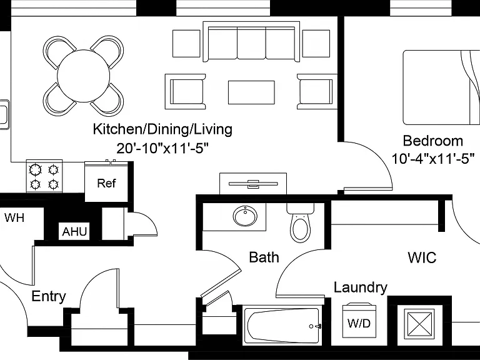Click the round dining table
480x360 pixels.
(83, 76)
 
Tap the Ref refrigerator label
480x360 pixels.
(106, 183)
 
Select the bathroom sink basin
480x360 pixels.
(245, 216)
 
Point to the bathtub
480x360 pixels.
(282, 326)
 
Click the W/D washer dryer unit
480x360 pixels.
(359, 320)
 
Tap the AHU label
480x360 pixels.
(74, 231)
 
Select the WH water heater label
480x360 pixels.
(14, 217)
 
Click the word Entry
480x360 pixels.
(49, 296)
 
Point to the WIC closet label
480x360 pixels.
(422, 257)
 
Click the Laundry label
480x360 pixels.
(360, 287)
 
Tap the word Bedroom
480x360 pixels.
(433, 141)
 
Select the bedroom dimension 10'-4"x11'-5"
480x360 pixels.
(433, 159)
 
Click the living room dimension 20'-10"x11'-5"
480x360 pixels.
(162, 148)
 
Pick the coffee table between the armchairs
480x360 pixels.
(251, 92)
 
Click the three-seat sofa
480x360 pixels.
(251, 42)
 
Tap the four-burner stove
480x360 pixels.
(44, 177)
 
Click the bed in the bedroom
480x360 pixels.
(441, 87)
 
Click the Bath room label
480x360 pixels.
(264, 257)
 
